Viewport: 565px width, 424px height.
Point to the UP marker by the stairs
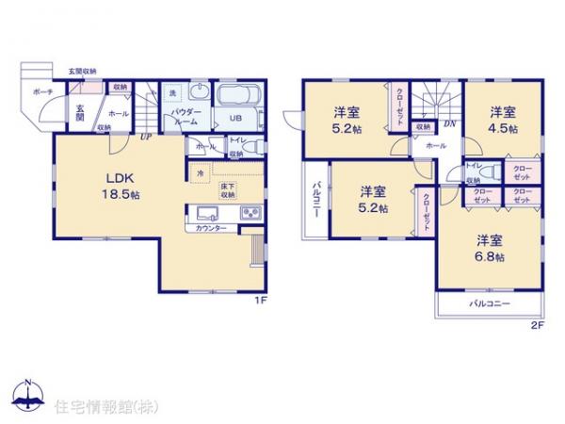click(146, 137)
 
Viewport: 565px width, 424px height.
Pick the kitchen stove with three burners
click(251, 214)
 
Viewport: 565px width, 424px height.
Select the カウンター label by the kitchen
click(210, 229)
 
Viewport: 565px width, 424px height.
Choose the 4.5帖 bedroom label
click(501, 121)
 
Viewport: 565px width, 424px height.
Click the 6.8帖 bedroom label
click(489, 247)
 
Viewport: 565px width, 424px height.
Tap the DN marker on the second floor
click(449, 123)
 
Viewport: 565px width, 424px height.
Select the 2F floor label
click(537, 325)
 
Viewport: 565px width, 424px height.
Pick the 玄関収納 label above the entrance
click(82, 72)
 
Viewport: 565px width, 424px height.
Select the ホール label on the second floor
click(435, 146)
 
